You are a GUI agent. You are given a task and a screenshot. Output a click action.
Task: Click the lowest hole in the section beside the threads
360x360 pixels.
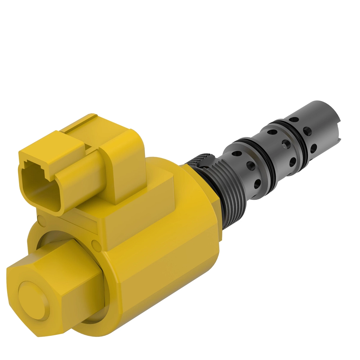(258, 183)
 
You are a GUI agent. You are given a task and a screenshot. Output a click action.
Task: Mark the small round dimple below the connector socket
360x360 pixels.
(40, 221)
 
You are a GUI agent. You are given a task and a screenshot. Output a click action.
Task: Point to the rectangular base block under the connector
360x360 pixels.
(135, 216)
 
